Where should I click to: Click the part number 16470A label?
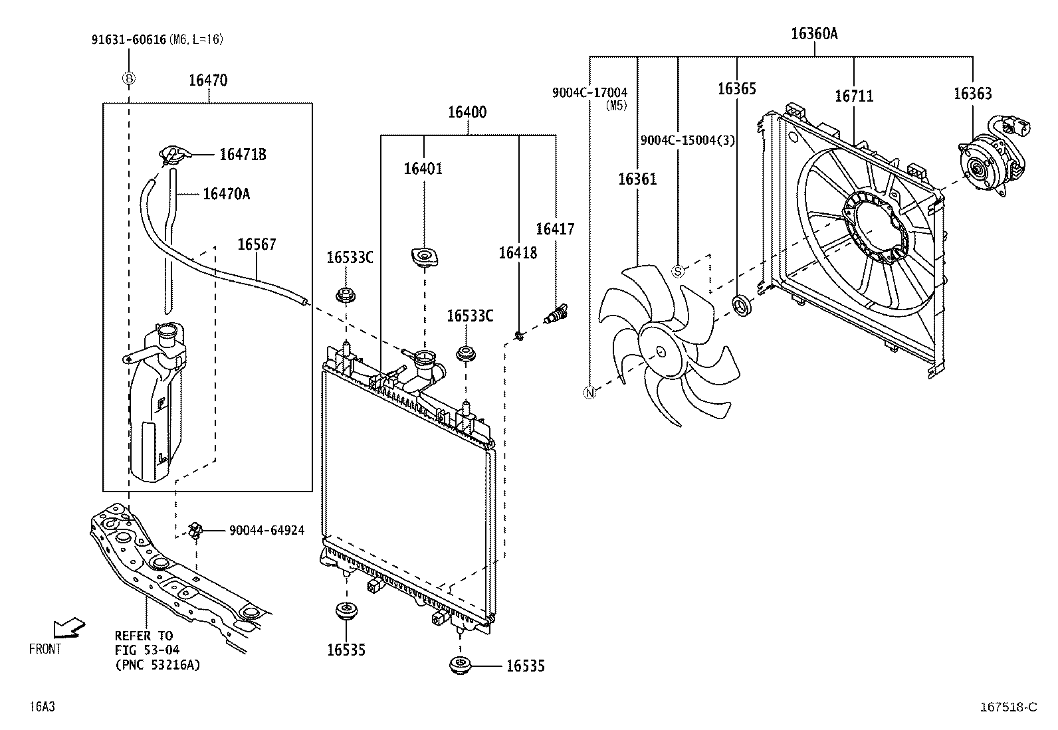pos(226,194)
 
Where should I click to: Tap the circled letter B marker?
pos(128,79)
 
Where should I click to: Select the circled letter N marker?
pos(590,393)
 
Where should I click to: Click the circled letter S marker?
pos(678,271)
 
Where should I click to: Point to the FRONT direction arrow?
pos(68,628)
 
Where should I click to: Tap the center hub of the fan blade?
pos(659,352)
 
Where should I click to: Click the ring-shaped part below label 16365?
pos(740,306)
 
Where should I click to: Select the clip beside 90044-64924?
pos(195,530)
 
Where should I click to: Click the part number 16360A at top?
pos(814,34)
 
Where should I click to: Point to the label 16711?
pos(854,96)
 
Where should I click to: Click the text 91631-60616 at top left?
pos(128,40)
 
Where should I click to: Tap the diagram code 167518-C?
pos(1007,707)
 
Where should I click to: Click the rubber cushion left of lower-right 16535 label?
pos(459,666)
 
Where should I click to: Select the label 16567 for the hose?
pos(257,245)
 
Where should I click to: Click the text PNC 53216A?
pos(158,664)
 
